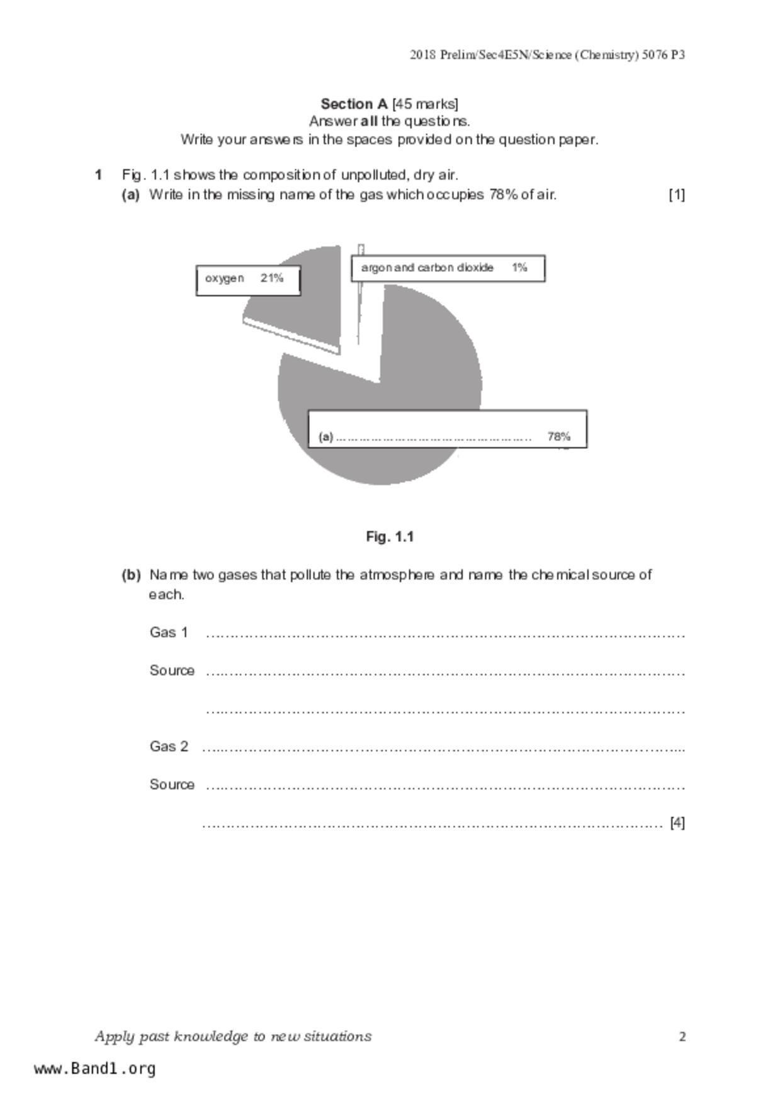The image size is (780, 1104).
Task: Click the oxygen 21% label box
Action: (248, 280)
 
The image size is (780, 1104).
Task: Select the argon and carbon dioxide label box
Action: (448, 268)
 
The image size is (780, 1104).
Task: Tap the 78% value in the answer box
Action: (559, 436)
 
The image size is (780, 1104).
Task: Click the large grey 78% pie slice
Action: (428, 365)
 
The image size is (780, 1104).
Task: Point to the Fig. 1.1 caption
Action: (390, 537)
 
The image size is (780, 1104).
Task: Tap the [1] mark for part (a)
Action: (677, 194)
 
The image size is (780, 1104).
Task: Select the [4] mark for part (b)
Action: (677, 823)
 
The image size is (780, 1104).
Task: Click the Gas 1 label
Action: (169, 632)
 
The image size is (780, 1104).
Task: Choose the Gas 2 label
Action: (169, 746)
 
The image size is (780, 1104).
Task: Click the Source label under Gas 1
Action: (172, 670)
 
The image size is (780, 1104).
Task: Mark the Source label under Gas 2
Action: (172, 784)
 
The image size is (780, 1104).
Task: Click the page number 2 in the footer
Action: (682, 1037)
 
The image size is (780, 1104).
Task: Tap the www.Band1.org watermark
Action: (95, 1069)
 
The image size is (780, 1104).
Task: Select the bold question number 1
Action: (98, 175)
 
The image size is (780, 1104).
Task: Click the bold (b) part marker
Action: (131, 575)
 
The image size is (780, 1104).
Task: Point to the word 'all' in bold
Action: (370, 121)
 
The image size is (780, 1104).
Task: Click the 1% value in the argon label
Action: (519, 268)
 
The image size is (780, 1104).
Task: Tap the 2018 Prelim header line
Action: (547, 55)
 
